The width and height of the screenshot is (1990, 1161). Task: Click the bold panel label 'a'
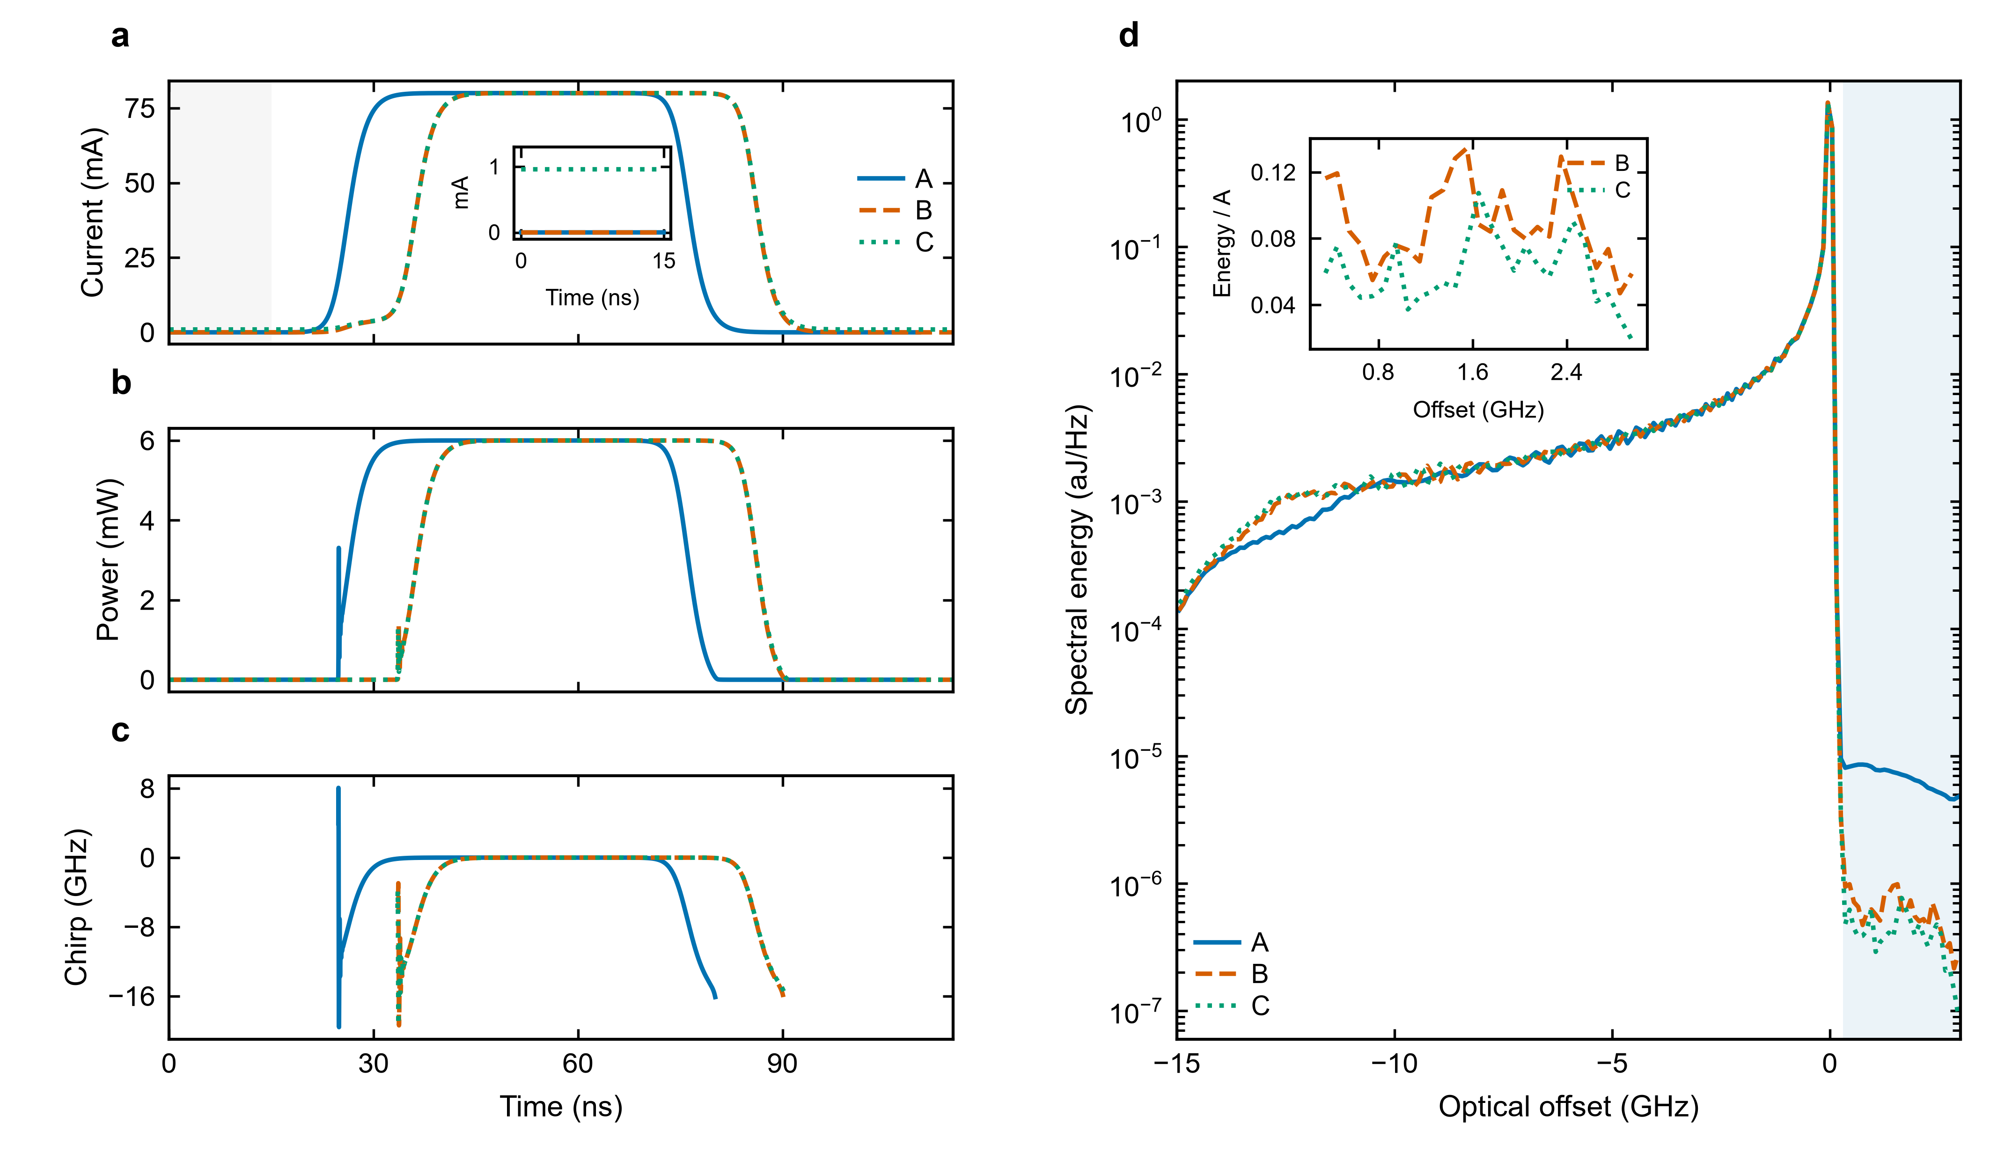click(120, 37)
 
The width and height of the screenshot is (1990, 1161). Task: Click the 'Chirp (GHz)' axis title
click(77, 907)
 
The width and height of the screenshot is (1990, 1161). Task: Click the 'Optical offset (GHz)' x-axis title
click(1568, 1107)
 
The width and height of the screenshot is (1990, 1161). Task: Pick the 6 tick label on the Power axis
click(147, 440)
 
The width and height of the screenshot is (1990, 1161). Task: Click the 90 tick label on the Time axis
click(782, 1064)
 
